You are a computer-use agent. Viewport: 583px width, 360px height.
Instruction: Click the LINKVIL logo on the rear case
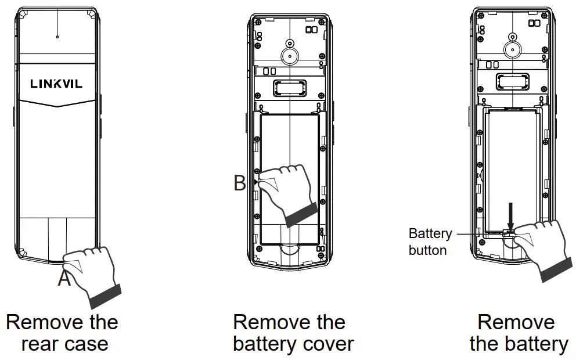coord(56,84)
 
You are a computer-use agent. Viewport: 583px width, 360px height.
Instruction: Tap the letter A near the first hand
coord(64,279)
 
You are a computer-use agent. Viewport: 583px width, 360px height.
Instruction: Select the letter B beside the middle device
coord(240,183)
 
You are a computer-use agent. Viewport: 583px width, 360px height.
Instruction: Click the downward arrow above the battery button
coord(510,215)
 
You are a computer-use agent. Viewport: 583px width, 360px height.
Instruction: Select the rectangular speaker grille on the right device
coord(511,81)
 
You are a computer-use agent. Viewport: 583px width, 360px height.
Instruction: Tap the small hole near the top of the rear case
coord(57,37)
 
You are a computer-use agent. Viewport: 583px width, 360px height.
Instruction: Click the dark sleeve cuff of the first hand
coord(106,296)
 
